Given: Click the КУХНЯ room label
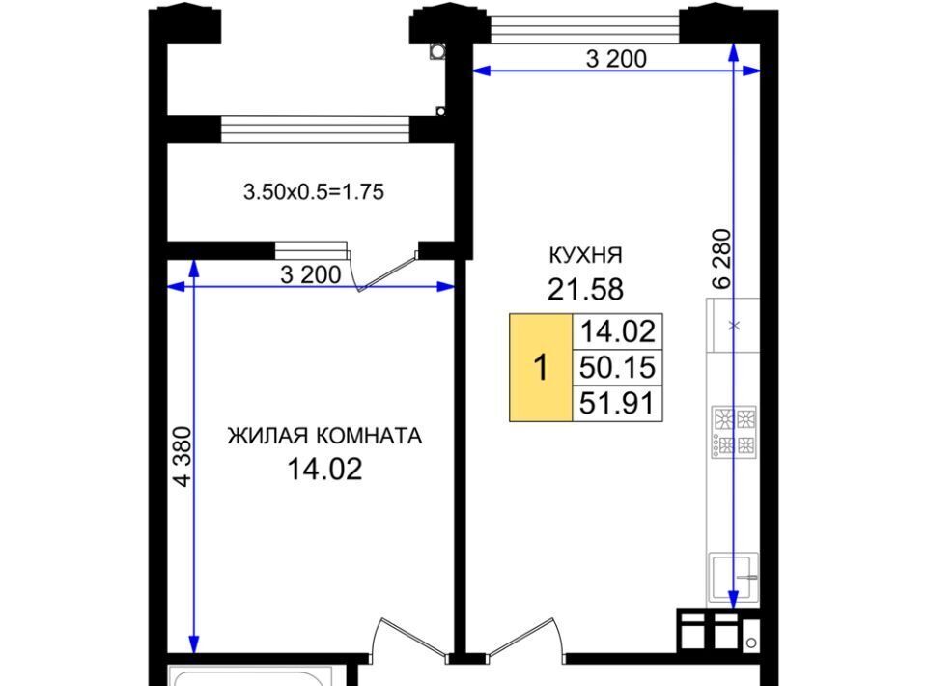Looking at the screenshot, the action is [x=586, y=255].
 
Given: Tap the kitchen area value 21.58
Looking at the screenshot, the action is [x=585, y=289].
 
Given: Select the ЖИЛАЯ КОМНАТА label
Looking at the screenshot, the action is [x=324, y=436].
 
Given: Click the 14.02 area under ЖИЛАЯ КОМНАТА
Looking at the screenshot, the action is [x=324, y=470].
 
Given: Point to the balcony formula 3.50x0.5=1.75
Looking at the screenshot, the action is [x=314, y=192].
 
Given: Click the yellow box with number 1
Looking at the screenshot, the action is [x=541, y=368].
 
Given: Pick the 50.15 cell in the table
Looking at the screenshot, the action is [x=617, y=367].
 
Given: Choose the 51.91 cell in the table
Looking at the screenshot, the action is [x=617, y=403].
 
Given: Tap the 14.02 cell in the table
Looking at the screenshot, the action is [x=617, y=331].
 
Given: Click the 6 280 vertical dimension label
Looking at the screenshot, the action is [x=722, y=259].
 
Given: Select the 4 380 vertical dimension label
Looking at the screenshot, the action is [x=183, y=457].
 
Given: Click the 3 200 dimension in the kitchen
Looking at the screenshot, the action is [x=616, y=59].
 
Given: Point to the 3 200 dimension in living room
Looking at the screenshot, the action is [x=310, y=275].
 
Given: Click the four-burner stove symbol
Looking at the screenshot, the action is [x=734, y=432].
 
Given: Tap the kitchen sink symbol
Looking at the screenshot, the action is [x=734, y=577].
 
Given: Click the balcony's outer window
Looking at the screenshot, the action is [x=315, y=129].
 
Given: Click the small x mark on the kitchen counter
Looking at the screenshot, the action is [x=734, y=326].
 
